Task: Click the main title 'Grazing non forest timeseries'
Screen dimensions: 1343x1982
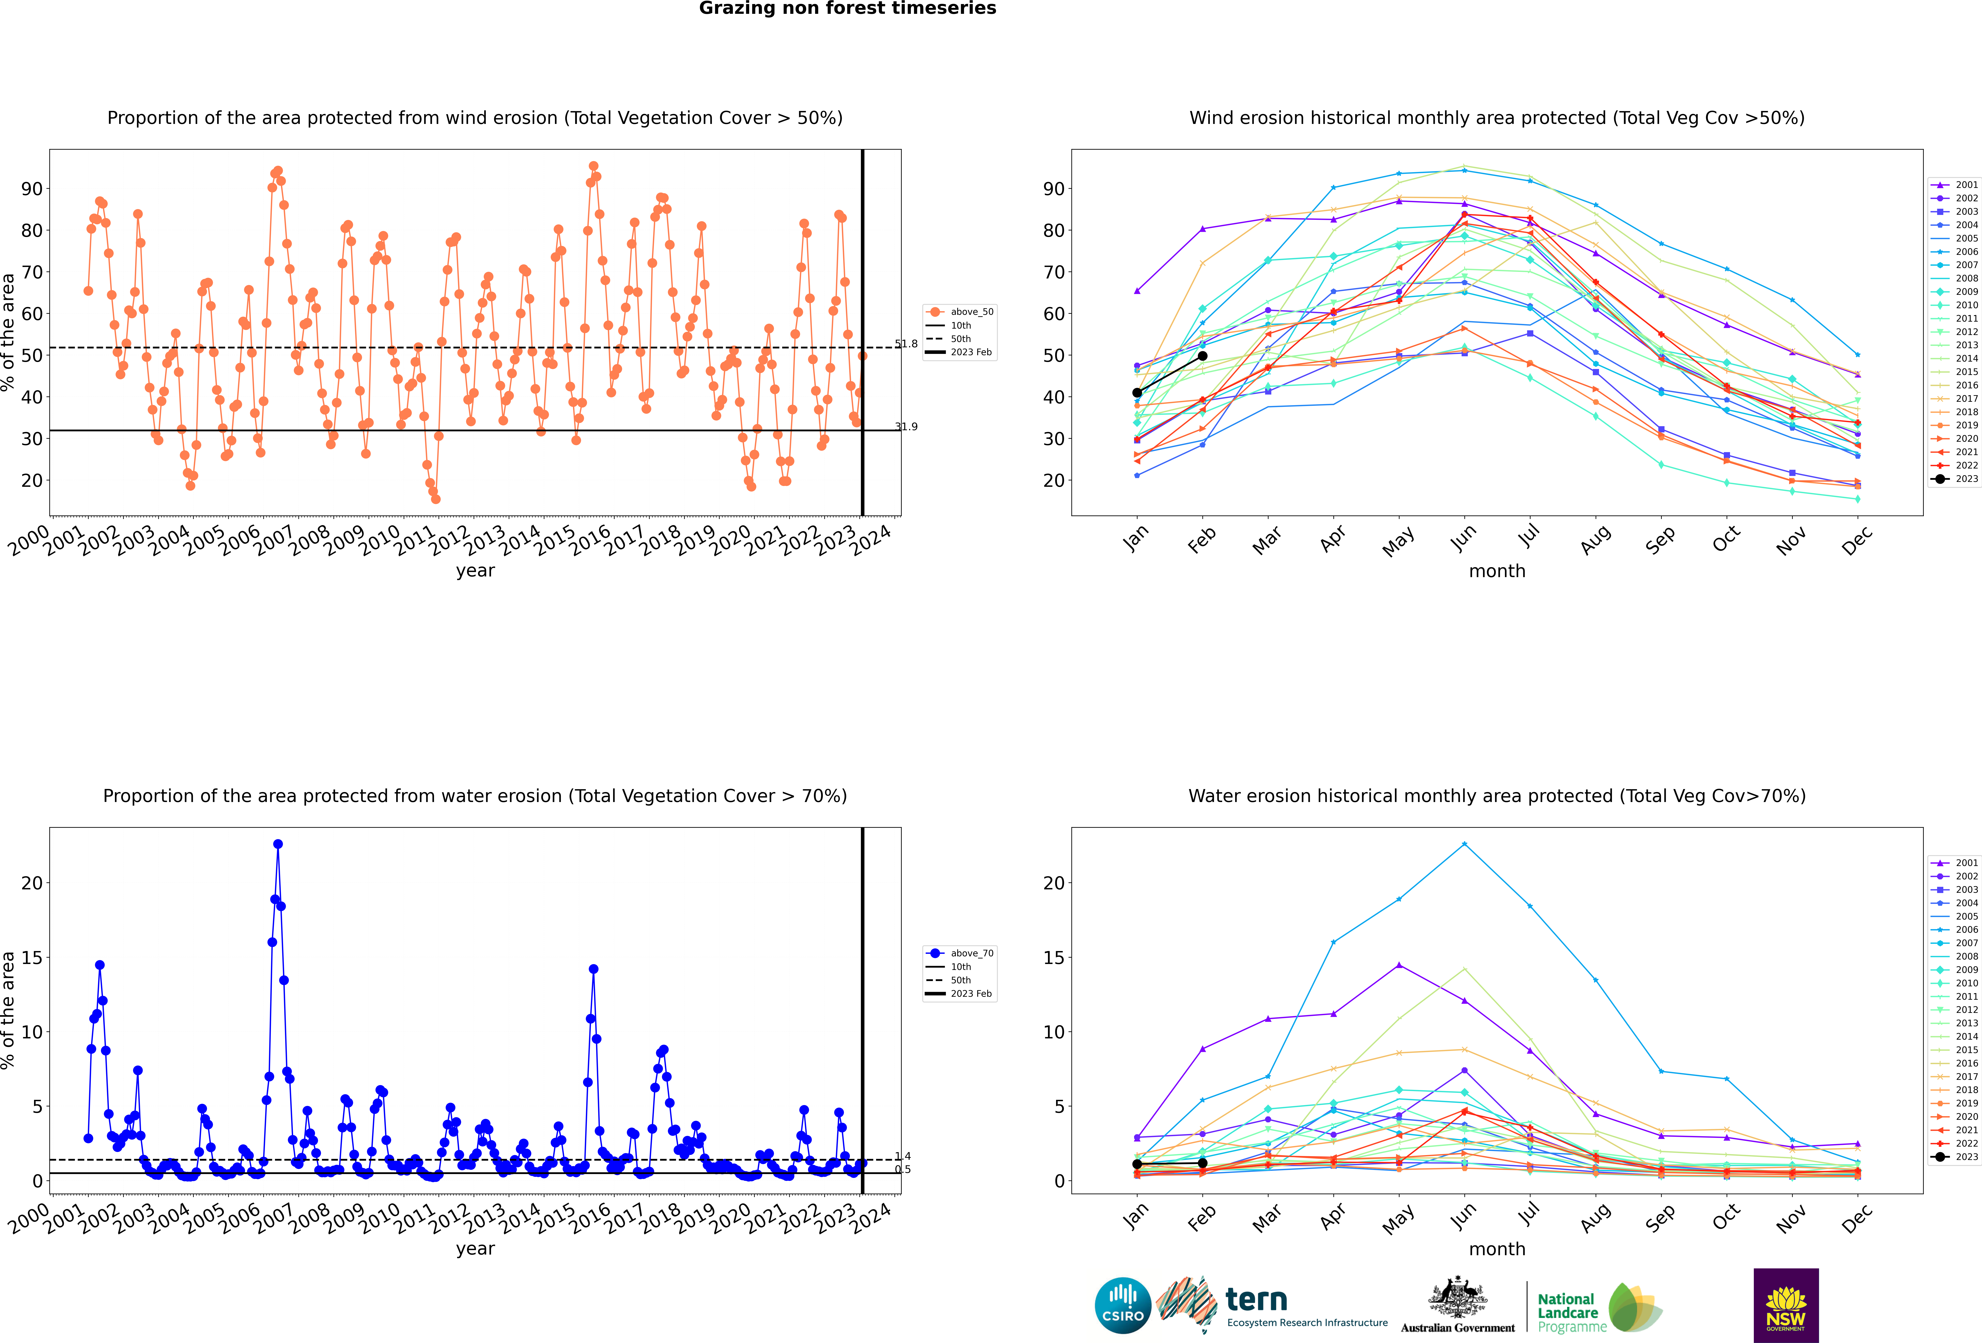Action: tap(847, 9)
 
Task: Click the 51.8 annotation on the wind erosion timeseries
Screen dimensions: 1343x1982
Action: tap(906, 344)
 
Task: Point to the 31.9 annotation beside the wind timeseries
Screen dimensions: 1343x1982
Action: tap(906, 426)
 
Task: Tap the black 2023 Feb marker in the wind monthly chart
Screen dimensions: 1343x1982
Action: tap(1203, 356)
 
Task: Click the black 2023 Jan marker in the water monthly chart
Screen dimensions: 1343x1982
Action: tap(1137, 1164)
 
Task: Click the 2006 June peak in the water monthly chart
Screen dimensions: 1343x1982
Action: tap(1464, 844)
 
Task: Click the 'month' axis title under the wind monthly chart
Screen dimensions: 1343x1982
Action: tap(1497, 571)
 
